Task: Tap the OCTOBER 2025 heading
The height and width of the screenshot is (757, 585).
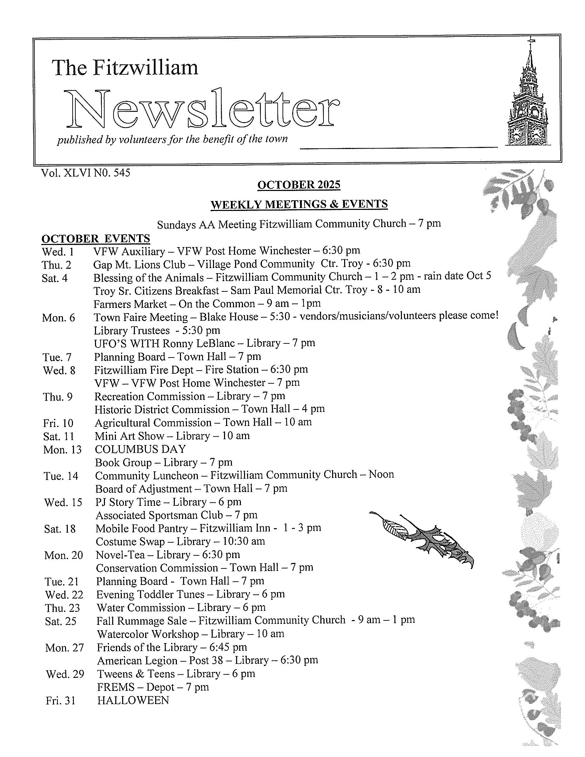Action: pyautogui.click(x=298, y=185)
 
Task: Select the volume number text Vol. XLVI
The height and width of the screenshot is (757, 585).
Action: pyautogui.click(x=66, y=173)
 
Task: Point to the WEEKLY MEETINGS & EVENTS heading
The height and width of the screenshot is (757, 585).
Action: pyautogui.click(x=299, y=204)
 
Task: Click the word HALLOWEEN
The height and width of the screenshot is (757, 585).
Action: pyautogui.click(x=133, y=701)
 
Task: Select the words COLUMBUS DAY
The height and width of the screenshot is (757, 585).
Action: pyautogui.click(x=140, y=450)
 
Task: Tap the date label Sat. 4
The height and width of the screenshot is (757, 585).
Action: pyautogui.click(x=55, y=278)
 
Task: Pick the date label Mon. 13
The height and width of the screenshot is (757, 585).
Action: pyautogui.click(x=62, y=450)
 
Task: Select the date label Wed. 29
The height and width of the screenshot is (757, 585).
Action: pyautogui.click(x=65, y=674)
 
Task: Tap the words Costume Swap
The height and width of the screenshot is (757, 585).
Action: pyautogui.click(x=130, y=542)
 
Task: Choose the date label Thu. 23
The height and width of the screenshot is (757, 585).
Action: pyautogui.click(x=62, y=608)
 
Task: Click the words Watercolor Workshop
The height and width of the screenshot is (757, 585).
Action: pyautogui.click(x=148, y=634)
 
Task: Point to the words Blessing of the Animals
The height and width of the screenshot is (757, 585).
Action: pyautogui.click(x=149, y=278)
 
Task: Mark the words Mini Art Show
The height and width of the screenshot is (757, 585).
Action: pyautogui.click(x=129, y=436)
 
